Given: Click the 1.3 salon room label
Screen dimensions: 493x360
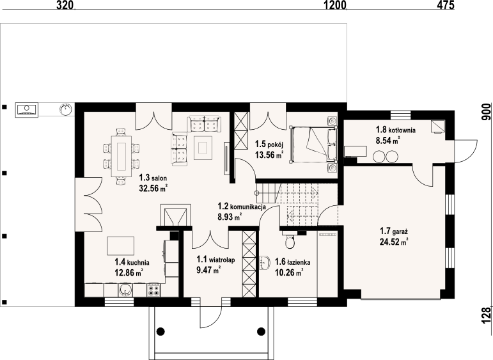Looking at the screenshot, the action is pos(153,178).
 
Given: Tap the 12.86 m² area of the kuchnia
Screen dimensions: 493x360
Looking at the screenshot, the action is pos(129,272).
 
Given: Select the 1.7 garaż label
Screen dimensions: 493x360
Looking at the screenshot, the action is pos(394,231).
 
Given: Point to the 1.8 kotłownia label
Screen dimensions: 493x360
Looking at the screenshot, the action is pos(396,130).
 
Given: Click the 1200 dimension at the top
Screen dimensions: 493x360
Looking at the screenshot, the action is pos(335,5).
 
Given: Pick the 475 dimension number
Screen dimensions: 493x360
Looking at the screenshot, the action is pos(445,5).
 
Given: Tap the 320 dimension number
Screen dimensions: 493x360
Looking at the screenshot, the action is pos(65,5).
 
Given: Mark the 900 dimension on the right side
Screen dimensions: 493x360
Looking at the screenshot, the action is pos(486,112).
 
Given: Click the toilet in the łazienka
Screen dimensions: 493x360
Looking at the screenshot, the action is pos(288,240).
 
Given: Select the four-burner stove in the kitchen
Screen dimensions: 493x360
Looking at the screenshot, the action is pos(153,290).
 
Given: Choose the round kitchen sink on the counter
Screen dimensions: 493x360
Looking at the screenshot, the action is pos(125,290).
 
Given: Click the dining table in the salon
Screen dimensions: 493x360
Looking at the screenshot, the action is pos(121,156).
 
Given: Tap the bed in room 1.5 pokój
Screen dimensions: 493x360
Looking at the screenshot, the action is pos(313,145).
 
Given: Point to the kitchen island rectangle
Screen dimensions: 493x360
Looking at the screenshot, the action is pos(121,246).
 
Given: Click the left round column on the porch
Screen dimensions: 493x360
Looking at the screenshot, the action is pos(160,331).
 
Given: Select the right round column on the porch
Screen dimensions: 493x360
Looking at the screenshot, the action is pos(262,331).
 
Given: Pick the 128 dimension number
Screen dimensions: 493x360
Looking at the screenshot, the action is pos(486,315).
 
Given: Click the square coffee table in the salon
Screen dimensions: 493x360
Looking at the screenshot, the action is pos(203,148).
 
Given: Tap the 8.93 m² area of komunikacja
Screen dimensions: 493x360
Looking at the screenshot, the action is pos(230,217).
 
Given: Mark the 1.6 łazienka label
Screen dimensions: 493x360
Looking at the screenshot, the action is pos(293,262).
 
